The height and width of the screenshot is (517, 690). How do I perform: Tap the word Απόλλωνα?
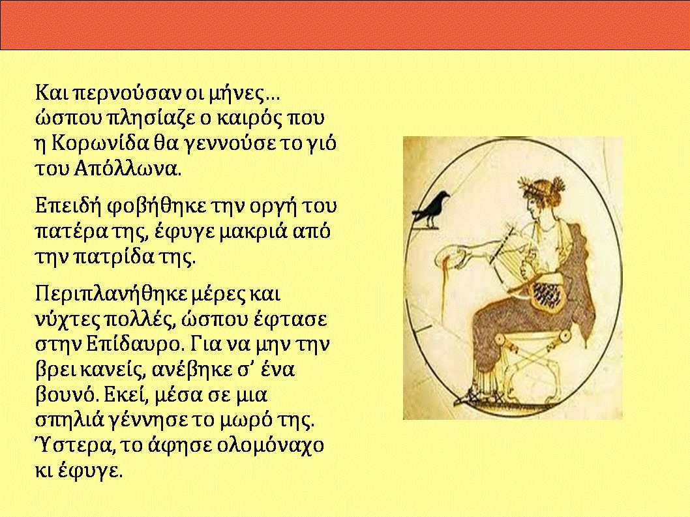(127, 168)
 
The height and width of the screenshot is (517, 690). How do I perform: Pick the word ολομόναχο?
(270, 446)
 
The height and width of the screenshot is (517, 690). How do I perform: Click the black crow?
(432, 209)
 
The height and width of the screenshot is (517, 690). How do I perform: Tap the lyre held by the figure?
(515, 255)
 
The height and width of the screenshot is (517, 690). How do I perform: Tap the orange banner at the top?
(345, 25)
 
